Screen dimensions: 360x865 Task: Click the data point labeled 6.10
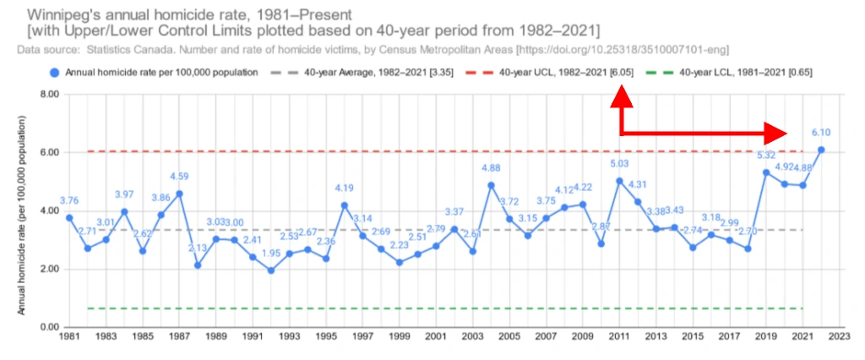click(821, 150)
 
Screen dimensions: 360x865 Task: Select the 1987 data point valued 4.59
click(179, 194)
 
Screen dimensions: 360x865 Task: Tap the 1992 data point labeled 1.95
click(271, 270)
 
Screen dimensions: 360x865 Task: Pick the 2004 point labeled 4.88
click(492, 185)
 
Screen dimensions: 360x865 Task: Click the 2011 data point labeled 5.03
click(620, 181)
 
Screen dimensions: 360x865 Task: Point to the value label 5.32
click(766, 155)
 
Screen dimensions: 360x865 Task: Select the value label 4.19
click(344, 188)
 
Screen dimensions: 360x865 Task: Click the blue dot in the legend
click(54, 73)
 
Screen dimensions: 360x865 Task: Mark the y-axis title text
click(23, 211)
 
